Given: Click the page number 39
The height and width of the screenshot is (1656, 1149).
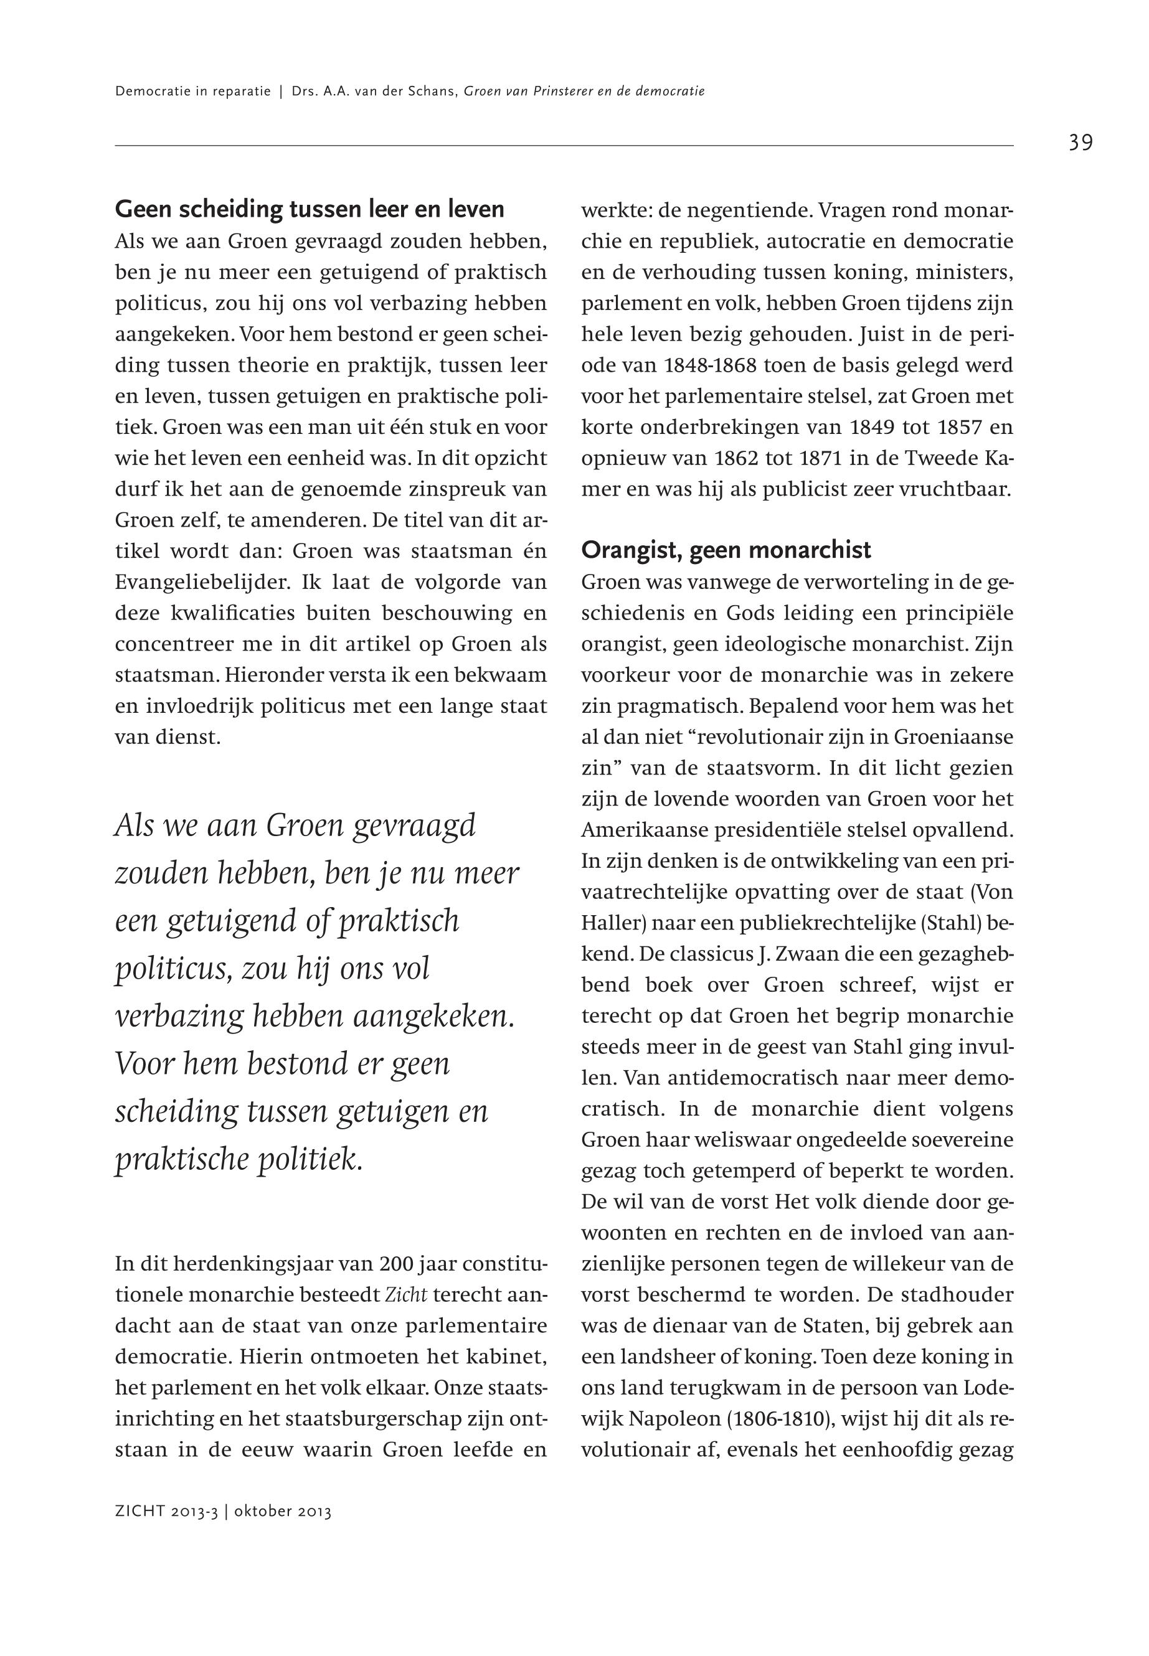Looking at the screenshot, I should point(1080,143).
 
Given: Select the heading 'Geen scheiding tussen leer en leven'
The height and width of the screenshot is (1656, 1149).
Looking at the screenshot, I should point(310,209).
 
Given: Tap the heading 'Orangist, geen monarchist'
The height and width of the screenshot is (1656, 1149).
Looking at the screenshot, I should point(726,550).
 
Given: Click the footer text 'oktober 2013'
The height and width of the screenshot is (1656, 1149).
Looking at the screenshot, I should point(283,1512).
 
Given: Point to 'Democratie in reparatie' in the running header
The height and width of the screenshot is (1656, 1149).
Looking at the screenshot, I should point(192,92).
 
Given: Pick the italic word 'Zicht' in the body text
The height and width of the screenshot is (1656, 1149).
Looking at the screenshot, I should point(407,1296).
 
